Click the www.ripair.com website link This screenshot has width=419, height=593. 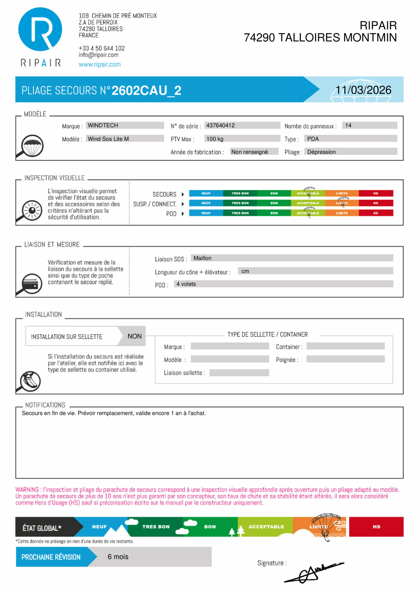coord(99,64)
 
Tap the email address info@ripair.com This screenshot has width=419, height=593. coord(98,55)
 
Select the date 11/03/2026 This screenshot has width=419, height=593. coord(363,90)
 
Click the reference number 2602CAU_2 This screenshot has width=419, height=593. coord(146,90)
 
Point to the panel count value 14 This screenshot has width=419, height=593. coord(348,125)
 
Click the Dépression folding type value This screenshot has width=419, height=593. coord(321,152)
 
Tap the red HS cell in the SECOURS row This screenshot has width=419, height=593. coord(376,193)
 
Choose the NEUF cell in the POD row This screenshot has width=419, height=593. coord(206,213)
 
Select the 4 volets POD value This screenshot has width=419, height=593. coord(186,284)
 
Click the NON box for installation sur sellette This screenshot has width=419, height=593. coord(135,336)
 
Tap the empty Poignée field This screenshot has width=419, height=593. coord(345,359)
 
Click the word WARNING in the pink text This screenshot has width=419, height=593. coord(27,489)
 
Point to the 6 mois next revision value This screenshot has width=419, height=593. coord(118,557)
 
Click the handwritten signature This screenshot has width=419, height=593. coord(312,572)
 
